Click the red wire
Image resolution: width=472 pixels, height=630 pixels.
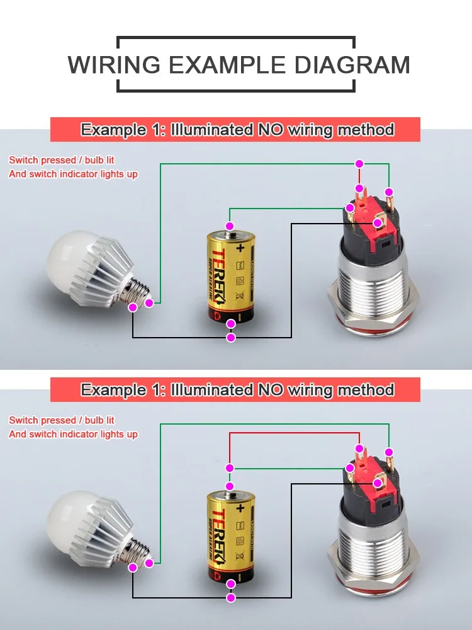(x=289, y=433)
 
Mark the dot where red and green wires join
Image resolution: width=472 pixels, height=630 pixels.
(x=230, y=468)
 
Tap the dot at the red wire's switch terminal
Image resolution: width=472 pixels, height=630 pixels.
(x=359, y=449)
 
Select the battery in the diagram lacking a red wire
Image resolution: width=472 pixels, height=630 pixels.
(x=230, y=277)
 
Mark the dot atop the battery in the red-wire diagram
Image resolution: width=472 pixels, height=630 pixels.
(x=230, y=486)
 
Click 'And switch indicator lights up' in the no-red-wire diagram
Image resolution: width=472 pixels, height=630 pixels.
(x=73, y=174)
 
